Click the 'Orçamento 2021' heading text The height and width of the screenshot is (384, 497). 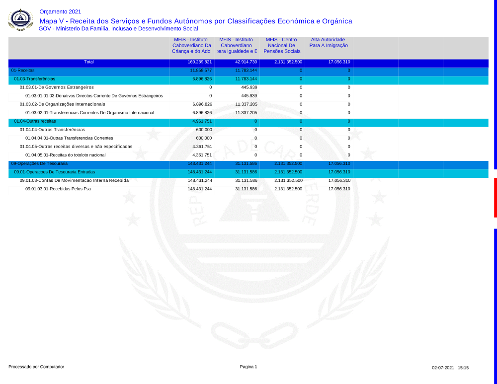pos(60,11)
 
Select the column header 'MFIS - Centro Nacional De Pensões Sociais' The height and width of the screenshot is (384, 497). pos(281,45)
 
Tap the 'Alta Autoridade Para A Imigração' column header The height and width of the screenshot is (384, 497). pos(328,42)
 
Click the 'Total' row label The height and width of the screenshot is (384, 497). pos(89,62)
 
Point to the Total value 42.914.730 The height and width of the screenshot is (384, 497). pos(246,62)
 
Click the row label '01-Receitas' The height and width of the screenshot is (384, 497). pos(23,71)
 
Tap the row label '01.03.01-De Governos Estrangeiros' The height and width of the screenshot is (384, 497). pos(57,87)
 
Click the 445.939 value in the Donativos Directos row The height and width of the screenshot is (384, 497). pos(248,95)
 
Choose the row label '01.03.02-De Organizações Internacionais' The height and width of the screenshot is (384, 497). pos(62,104)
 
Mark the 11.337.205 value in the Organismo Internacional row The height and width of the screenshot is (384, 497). pos(246,113)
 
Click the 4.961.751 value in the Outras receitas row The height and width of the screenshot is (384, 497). pos(202,121)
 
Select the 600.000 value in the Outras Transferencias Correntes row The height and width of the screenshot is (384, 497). pos(204,138)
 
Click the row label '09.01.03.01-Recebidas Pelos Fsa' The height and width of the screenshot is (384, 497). pos(58,189)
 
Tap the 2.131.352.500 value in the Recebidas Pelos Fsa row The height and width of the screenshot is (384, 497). pos(288,189)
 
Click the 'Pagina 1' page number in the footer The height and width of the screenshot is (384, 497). pos(248,367)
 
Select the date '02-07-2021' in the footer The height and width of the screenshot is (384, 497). pos(443,368)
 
